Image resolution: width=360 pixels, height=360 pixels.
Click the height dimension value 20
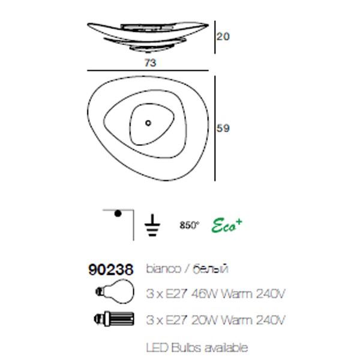click(x=223, y=37)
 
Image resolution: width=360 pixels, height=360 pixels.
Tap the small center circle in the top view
click(x=148, y=124)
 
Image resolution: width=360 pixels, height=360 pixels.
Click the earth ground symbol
click(x=152, y=224)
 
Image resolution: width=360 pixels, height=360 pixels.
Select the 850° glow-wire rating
click(x=188, y=226)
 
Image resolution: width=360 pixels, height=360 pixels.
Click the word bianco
click(x=163, y=269)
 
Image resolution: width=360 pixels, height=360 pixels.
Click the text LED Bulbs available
click(x=196, y=347)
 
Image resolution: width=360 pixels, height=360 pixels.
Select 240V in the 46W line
click(x=268, y=294)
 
